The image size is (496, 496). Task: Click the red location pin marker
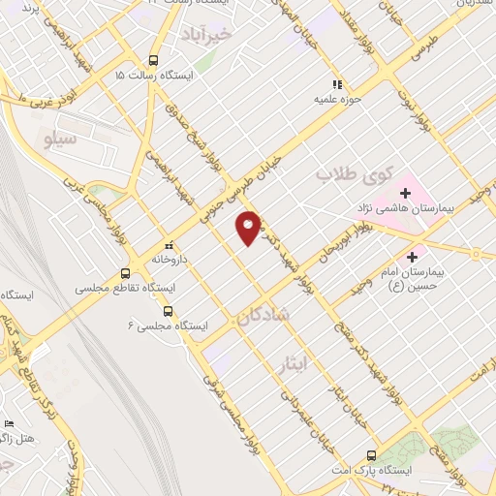coord(249,227)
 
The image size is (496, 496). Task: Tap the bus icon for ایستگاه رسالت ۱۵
coord(152,59)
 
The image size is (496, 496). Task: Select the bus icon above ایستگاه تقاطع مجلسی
coord(124,273)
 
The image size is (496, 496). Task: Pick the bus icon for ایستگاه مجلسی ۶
coord(169,311)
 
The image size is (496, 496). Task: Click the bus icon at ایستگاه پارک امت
coord(371,454)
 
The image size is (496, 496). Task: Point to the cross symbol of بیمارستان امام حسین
coord(414,257)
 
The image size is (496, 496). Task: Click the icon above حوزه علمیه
coord(337,83)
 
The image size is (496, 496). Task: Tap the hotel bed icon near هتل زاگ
coord(10,424)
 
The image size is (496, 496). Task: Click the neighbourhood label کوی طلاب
coord(353,176)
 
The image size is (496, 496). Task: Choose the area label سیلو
coord(59,141)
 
